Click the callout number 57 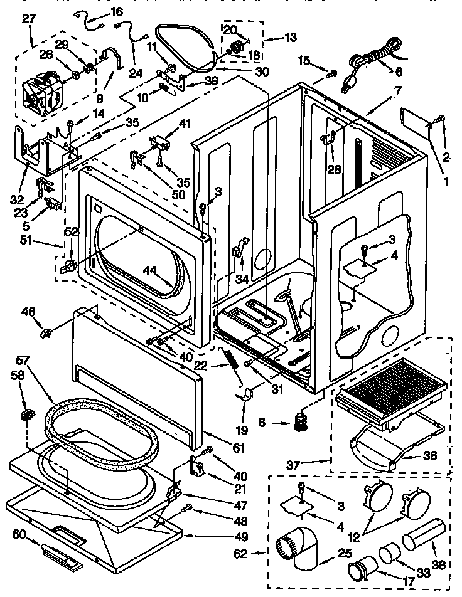pyautogui.click(x=23, y=361)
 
